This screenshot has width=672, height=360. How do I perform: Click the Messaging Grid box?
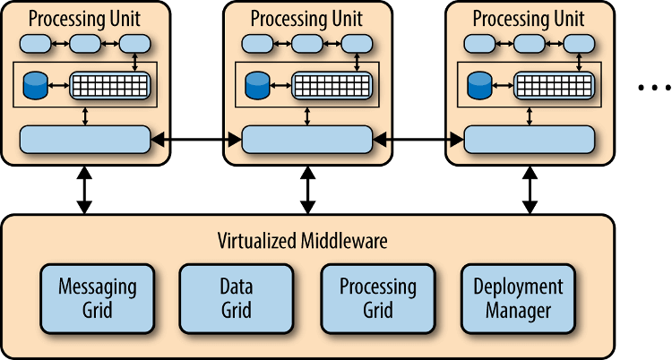tap(98, 299)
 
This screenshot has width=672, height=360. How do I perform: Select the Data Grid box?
tap(237, 299)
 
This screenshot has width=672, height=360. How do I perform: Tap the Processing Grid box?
tap(378, 299)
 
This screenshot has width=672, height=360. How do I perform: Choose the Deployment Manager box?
tap(518, 299)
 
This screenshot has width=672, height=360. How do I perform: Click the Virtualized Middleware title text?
tap(303, 240)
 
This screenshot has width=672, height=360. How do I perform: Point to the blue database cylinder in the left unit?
tap(35, 85)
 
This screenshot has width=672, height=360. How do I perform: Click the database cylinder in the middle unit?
tap(257, 85)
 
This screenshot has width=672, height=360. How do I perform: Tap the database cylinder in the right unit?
tap(479, 85)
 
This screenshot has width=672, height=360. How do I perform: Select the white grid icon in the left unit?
tap(110, 86)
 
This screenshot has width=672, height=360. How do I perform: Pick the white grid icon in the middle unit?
tap(332, 86)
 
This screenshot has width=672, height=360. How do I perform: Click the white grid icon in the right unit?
tap(554, 86)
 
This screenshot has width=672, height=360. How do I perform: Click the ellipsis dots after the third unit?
tap(654, 88)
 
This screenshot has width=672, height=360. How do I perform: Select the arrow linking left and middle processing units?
tap(196, 140)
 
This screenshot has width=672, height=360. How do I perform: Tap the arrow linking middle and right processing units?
tap(418, 140)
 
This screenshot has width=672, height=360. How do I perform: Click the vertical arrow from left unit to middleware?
tap(84, 190)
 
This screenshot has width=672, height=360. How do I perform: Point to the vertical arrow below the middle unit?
tap(307, 190)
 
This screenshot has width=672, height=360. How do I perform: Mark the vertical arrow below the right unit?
tap(530, 190)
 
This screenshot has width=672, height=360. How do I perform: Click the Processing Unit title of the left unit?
tap(84, 19)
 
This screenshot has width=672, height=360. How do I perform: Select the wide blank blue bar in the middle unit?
tap(306, 140)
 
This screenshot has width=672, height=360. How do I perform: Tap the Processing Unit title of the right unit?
tap(529, 19)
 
